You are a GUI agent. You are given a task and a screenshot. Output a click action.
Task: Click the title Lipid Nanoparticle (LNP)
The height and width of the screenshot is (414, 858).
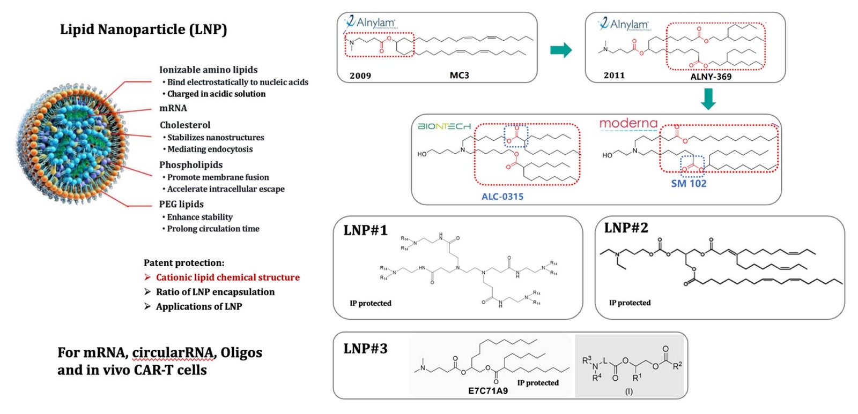[143, 29]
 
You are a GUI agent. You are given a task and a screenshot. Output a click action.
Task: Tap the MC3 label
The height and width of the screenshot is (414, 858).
[459, 75]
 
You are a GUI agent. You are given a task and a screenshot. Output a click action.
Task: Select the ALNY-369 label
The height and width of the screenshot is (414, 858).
[711, 77]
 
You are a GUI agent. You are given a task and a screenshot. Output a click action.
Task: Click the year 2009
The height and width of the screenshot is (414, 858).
[360, 76]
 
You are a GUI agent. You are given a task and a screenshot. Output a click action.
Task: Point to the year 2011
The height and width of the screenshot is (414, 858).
[614, 76]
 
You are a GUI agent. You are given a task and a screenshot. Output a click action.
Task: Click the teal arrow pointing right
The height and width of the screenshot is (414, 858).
[561, 50]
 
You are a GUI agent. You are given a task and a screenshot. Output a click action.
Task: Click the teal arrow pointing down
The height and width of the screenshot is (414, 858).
[708, 99]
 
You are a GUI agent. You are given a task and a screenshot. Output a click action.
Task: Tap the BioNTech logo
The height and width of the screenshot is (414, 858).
[444, 126]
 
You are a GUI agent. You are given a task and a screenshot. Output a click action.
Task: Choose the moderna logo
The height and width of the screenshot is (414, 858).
[628, 124]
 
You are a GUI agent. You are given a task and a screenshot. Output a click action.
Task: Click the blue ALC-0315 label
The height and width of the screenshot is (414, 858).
[502, 197]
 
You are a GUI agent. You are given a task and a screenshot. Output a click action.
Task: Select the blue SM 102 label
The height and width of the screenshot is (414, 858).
[689, 184]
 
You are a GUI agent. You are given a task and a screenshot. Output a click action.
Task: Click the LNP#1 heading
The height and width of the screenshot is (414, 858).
[365, 230]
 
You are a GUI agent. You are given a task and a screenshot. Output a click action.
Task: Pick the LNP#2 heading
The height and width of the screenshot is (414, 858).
[626, 228]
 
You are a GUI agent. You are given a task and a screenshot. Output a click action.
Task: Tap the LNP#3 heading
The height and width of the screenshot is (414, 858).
[365, 349]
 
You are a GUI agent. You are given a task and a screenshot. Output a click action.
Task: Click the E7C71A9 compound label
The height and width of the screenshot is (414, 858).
[487, 391]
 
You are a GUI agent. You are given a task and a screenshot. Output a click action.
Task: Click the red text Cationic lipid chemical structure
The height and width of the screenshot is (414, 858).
[227, 277]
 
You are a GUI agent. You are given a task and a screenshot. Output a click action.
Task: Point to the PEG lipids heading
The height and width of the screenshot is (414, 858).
[181, 204]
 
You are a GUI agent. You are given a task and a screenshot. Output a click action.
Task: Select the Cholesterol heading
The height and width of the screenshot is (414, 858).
[185, 125]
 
